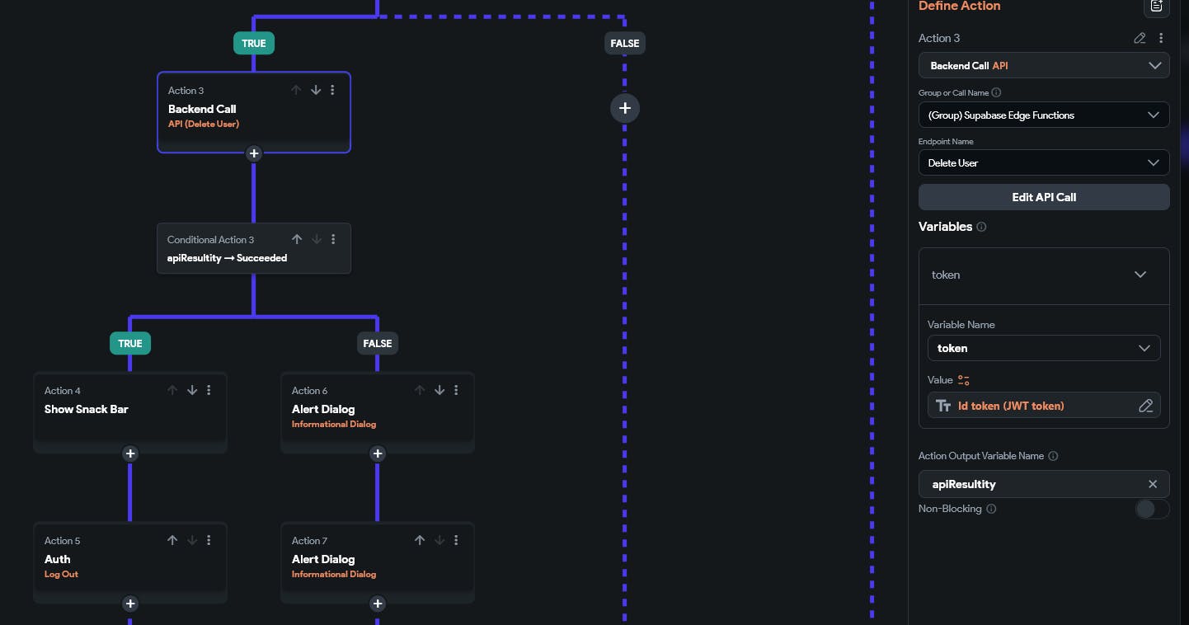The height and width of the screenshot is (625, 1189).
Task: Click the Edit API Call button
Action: click(1043, 197)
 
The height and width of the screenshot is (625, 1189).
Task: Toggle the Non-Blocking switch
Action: click(1151, 509)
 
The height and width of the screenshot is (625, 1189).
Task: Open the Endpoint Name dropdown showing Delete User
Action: click(1043, 162)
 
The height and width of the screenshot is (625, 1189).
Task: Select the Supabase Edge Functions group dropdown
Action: click(1043, 115)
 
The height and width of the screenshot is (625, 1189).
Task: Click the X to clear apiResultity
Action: click(1153, 484)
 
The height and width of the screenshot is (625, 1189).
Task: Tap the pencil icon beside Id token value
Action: click(1145, 406)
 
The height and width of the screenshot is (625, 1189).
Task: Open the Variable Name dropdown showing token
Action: click(1043, 348)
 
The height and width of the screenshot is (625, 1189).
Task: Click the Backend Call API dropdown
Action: click(1043, 65)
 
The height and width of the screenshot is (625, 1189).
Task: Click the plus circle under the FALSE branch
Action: click(625, 108)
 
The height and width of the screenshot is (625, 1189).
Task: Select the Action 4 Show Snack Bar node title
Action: click(87, 409)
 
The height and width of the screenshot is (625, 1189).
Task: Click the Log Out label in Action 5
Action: click(61, 574)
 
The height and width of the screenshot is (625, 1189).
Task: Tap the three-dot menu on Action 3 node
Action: click(332, 90)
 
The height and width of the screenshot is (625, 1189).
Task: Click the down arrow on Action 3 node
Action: click(315, 90)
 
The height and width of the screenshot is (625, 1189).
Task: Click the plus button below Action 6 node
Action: click(378, 453)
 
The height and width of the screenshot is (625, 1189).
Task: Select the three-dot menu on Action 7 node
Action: click(456, 540)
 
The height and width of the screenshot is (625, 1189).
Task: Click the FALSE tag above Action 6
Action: click(378, 343)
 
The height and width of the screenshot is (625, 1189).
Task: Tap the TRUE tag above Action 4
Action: click(130, 343)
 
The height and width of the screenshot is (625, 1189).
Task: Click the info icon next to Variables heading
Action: click(981, 227)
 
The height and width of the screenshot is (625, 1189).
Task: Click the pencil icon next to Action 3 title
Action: click(1140, 38)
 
